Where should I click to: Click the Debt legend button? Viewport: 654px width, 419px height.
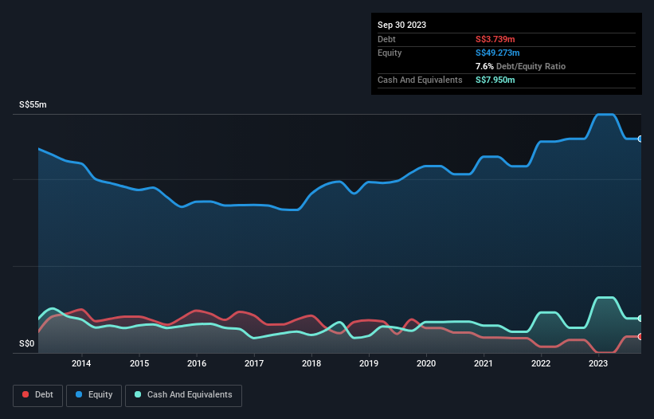[37, 394]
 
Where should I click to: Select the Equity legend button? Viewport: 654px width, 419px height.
[93, 394]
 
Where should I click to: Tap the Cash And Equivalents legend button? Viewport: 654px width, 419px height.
[183, 394]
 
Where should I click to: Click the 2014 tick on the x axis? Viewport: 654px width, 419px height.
[81, 364]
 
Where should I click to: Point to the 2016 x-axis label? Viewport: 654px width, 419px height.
[197, 364]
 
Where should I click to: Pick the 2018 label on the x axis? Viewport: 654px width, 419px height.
[311, 364]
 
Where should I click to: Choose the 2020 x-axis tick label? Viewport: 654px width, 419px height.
[426, 364]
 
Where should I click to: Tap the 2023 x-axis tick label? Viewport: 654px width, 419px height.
[598, 364]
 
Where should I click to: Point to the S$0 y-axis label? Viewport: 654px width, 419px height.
[27, 344]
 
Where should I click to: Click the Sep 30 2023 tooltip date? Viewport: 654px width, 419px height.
[401, 25]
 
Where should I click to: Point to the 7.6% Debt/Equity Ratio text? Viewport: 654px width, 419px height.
[520, 66]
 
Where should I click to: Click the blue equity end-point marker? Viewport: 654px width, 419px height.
[640, 139]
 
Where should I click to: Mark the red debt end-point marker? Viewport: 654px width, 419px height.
[640, 336]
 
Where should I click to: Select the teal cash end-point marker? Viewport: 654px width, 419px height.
[640, 318]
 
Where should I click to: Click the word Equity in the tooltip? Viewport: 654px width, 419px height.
[390, 53]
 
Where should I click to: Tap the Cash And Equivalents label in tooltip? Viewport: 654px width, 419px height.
[420, 80]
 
